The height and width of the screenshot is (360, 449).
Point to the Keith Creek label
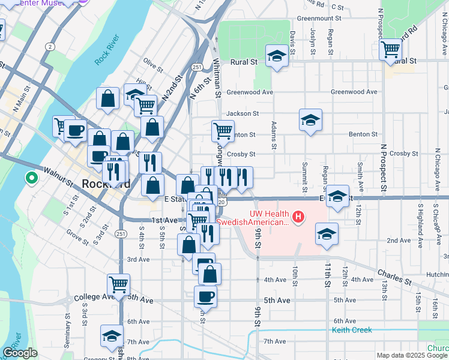point(352,330)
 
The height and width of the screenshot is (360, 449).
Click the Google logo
point(20,353)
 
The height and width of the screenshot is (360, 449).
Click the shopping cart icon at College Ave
point(119,284)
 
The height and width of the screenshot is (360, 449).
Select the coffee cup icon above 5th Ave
point(205,296)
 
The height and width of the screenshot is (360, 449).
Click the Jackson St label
point(242,113)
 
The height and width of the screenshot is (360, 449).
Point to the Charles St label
point(394,277)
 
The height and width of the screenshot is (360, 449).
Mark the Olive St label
point(154,64)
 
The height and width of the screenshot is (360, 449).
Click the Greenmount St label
point(319,18)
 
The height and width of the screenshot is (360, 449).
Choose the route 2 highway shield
point(50,46)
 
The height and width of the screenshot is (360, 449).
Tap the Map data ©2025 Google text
point(412,355)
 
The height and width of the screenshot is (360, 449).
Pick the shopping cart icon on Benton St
point(223,130)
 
